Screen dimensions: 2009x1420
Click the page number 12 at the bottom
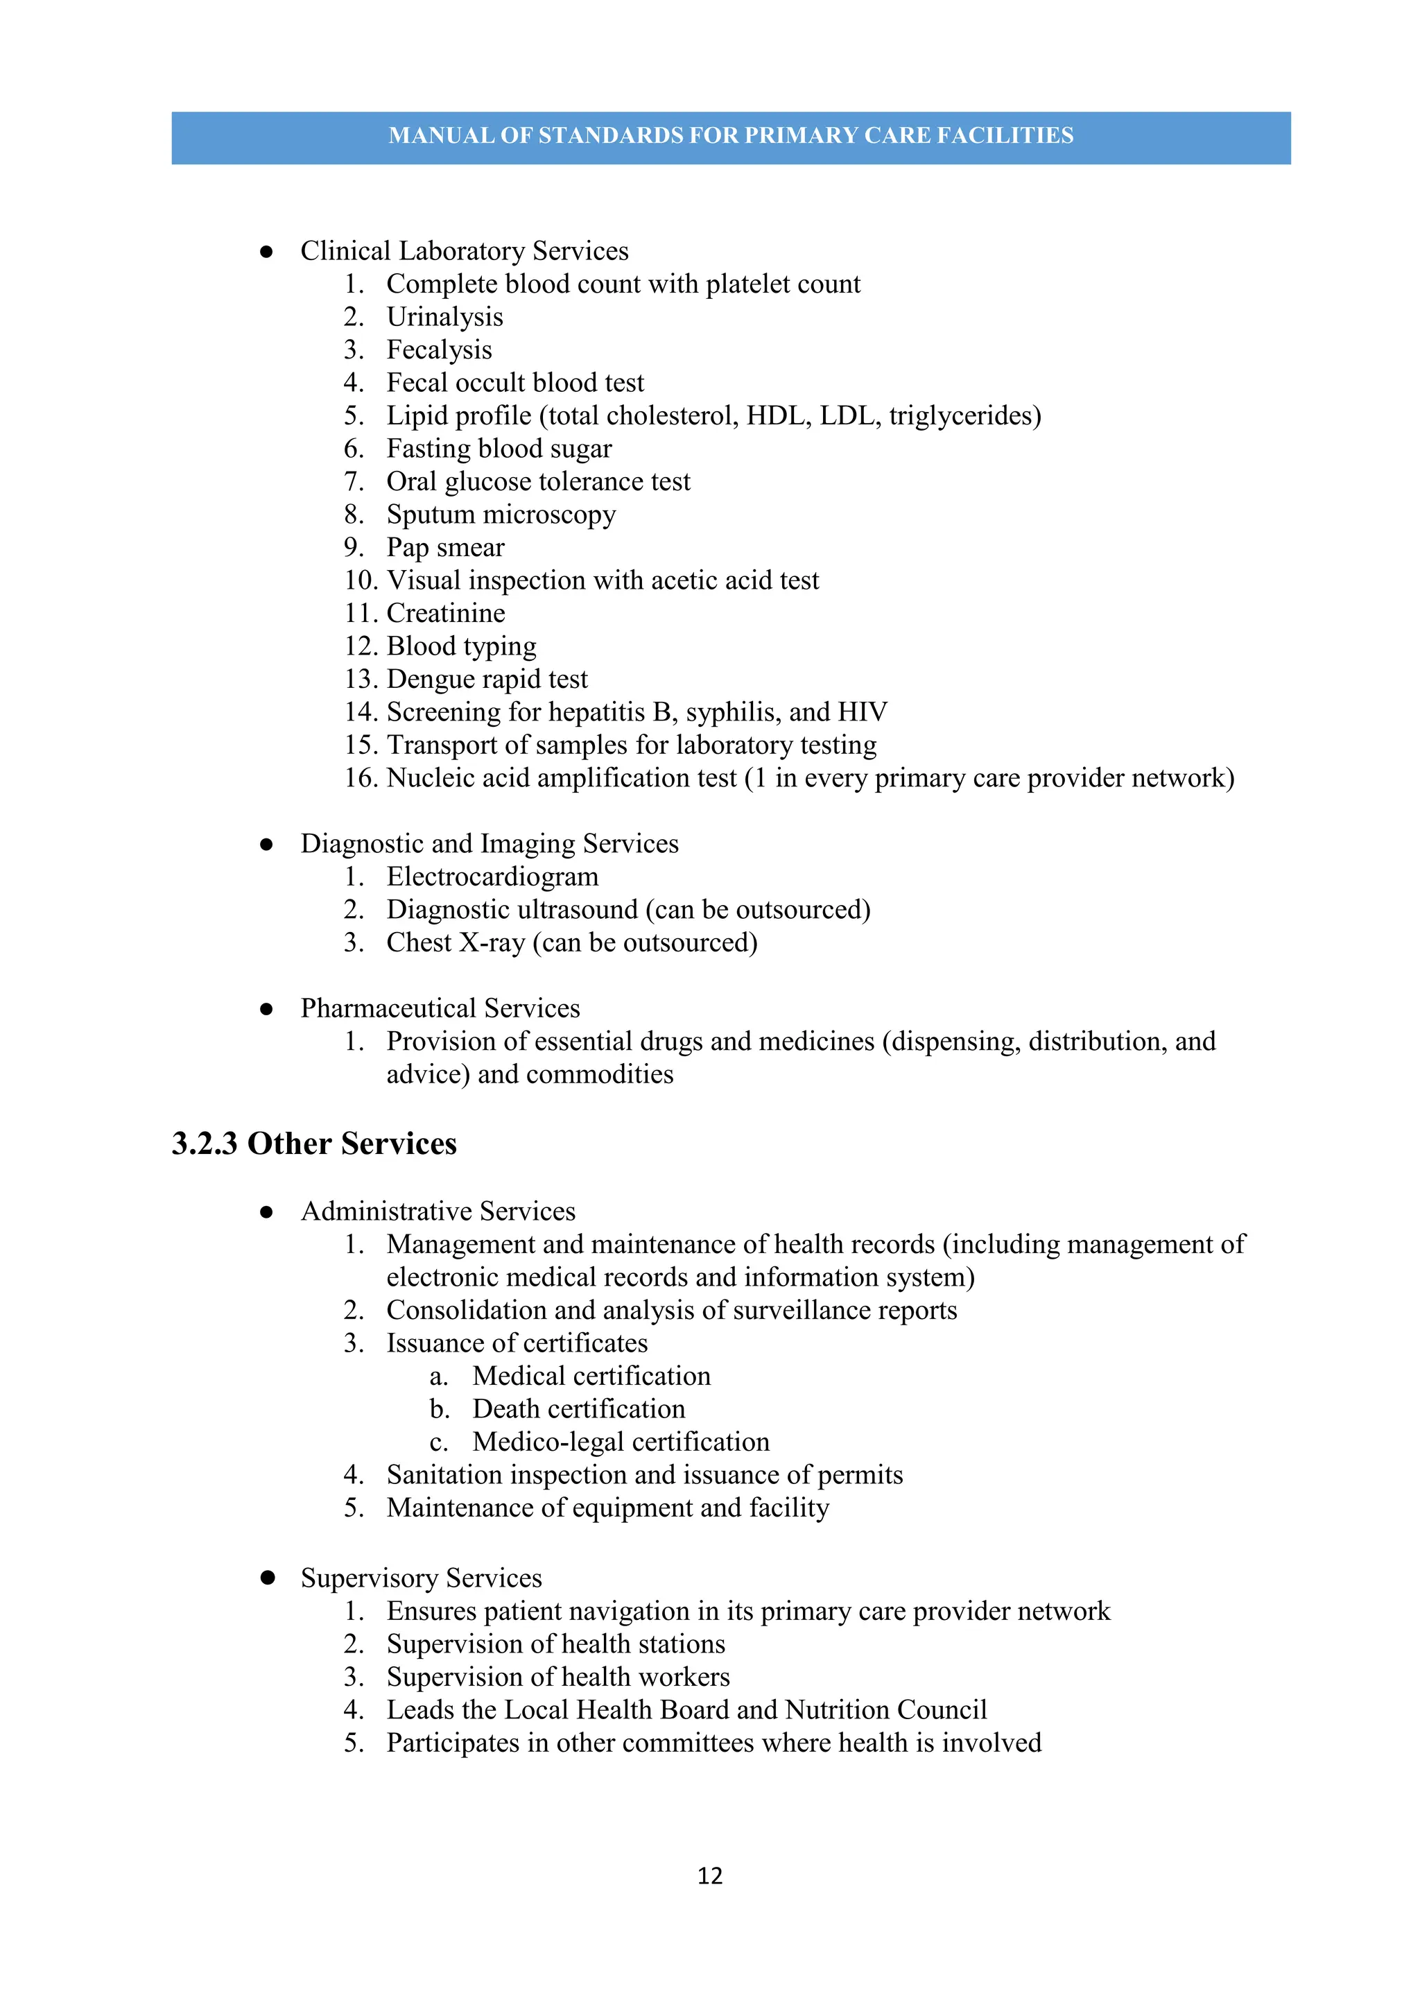(x=709, y=1875)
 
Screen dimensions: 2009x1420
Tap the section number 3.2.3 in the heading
(x=204, y=1144)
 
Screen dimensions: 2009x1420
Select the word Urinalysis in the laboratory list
(x=444, y=317)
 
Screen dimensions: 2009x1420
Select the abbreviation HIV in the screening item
(x=862, y=712)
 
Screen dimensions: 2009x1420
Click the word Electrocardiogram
(x=492, y=877)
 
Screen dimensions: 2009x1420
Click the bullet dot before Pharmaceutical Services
(x=267, y=1009)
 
